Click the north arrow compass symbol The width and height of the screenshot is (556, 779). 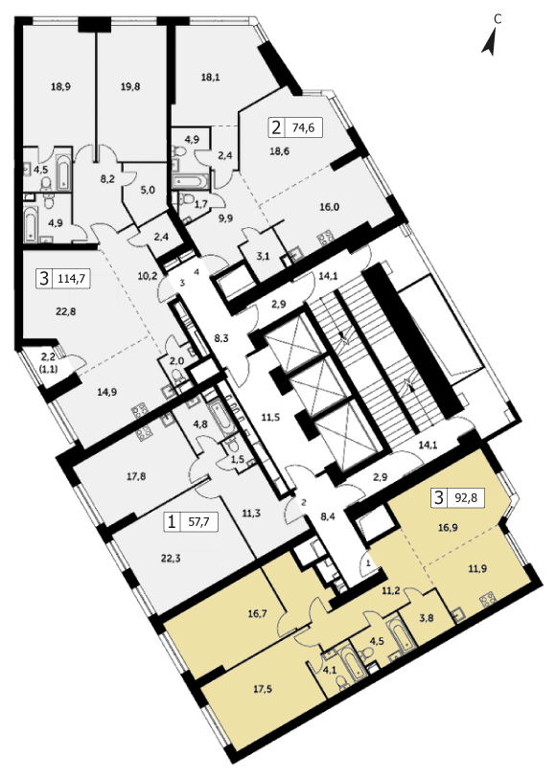pos(490,42)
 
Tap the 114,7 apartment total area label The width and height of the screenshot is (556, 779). pos(72,278)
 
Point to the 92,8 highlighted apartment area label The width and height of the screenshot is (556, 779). pos(466,496)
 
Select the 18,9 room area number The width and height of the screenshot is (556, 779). pos(60,86)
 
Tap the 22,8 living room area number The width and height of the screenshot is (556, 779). pos(66,312)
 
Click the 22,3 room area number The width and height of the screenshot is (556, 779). pos(171,558)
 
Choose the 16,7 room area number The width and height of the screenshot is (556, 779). pos(257,614)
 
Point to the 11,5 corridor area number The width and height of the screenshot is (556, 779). pos(270,418)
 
